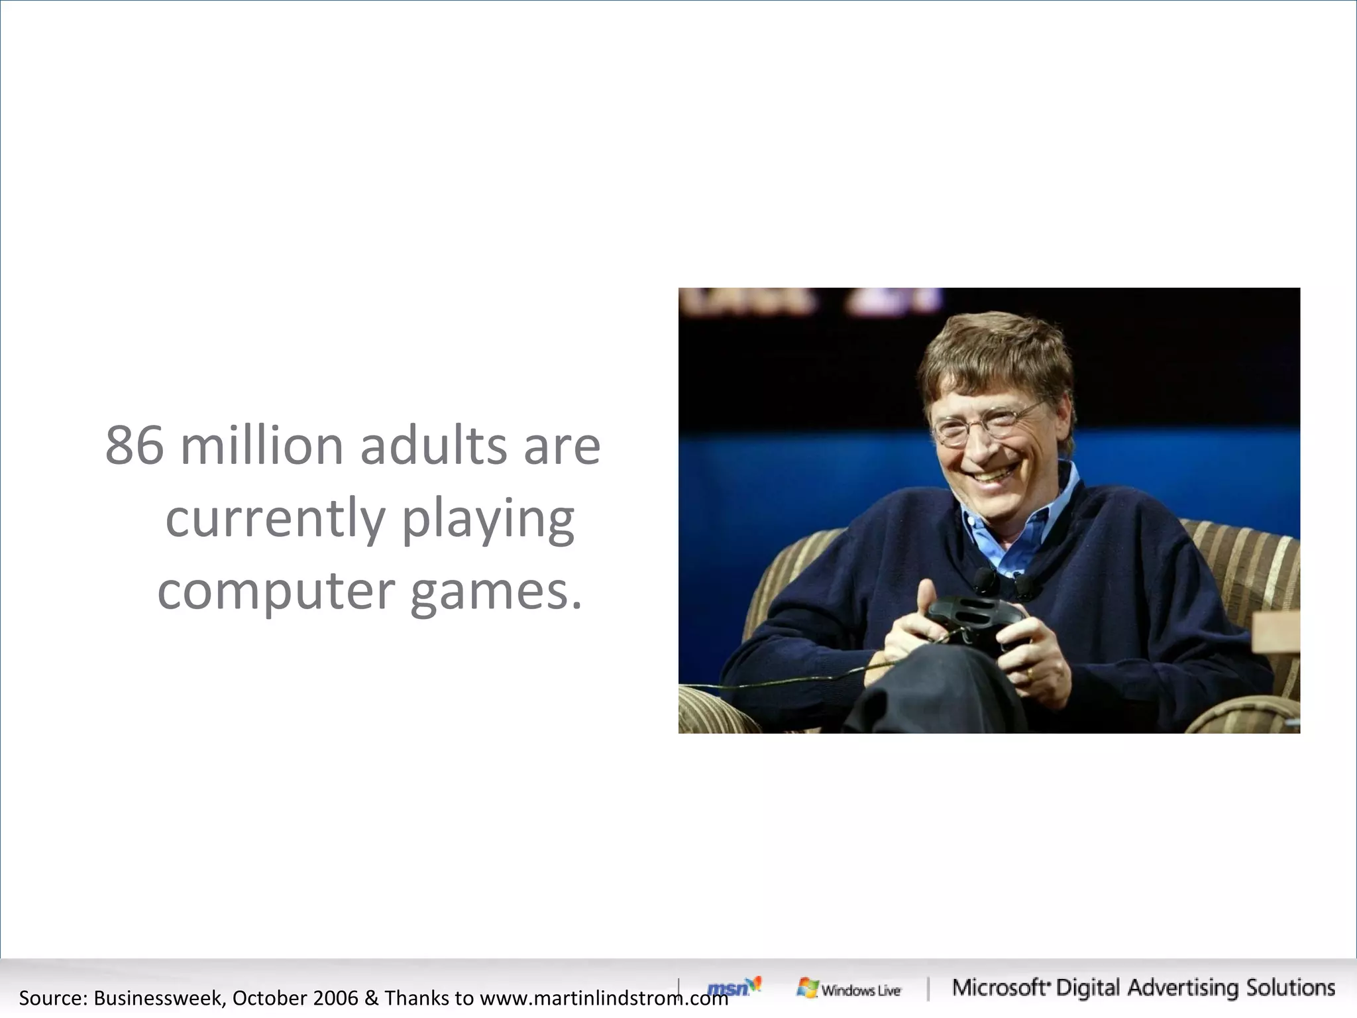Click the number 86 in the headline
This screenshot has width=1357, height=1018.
pyautogui.click(x=135, y=446)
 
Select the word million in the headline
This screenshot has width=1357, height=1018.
pyautogui.click(x=262, y=446)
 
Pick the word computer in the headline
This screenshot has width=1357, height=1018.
pyautogui.click(x=276, y=592)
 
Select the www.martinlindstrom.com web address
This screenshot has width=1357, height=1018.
pyautogui.click(x=603, y=998)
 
